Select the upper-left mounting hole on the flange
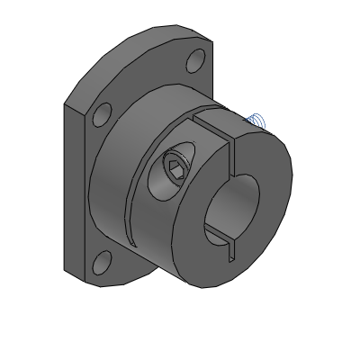pos(102,113)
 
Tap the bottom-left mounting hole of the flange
pos(102,261)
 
